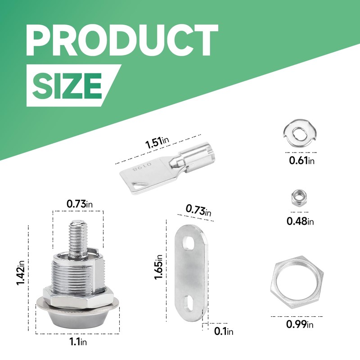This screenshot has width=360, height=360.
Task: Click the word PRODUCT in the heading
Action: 122,40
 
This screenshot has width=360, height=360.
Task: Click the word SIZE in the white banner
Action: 67,86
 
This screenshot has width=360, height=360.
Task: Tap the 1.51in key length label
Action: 157,142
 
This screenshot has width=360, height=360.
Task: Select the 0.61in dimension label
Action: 301,160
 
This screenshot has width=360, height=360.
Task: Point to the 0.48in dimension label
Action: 300,221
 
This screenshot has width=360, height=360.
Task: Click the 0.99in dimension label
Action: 300,324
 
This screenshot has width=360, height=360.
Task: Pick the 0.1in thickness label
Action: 224,331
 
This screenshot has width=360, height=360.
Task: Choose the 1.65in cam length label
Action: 158,267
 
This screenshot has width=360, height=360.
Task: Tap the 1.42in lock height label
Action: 20,273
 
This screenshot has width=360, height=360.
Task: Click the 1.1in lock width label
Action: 78,342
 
